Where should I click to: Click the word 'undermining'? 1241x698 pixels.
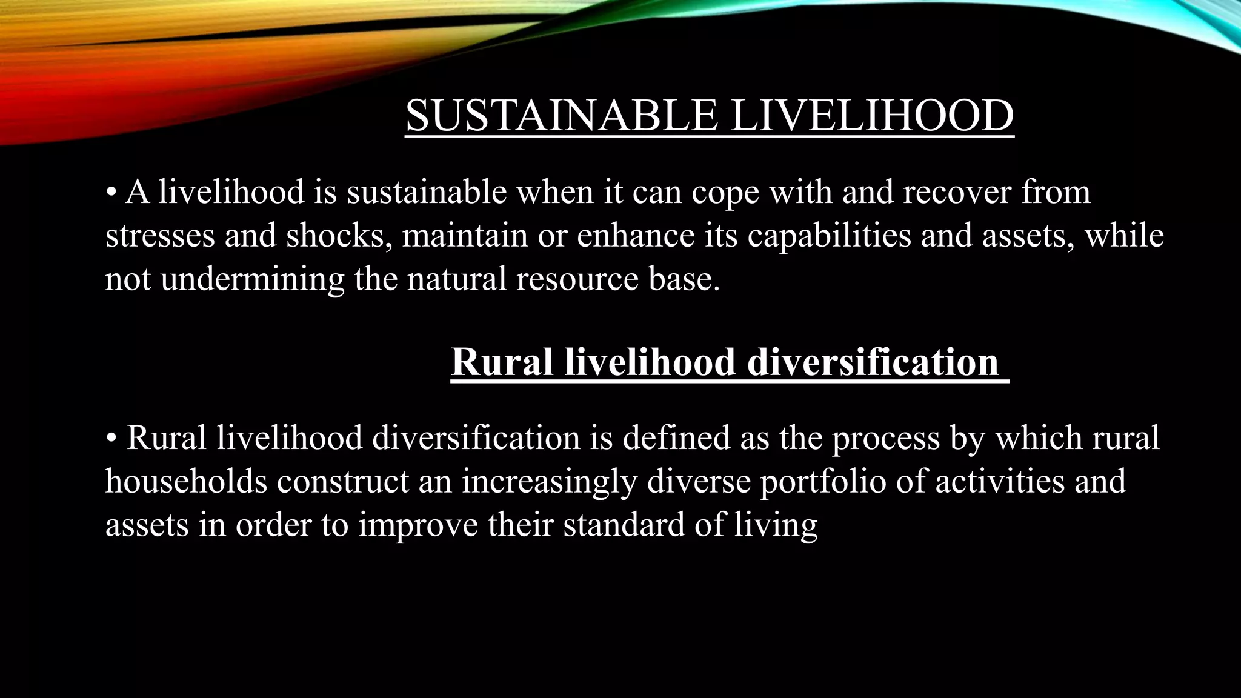(x=252, y=280)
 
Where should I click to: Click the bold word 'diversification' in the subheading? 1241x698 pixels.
(x=873, y=362)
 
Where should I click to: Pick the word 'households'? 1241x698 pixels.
(x=187, y=481)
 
